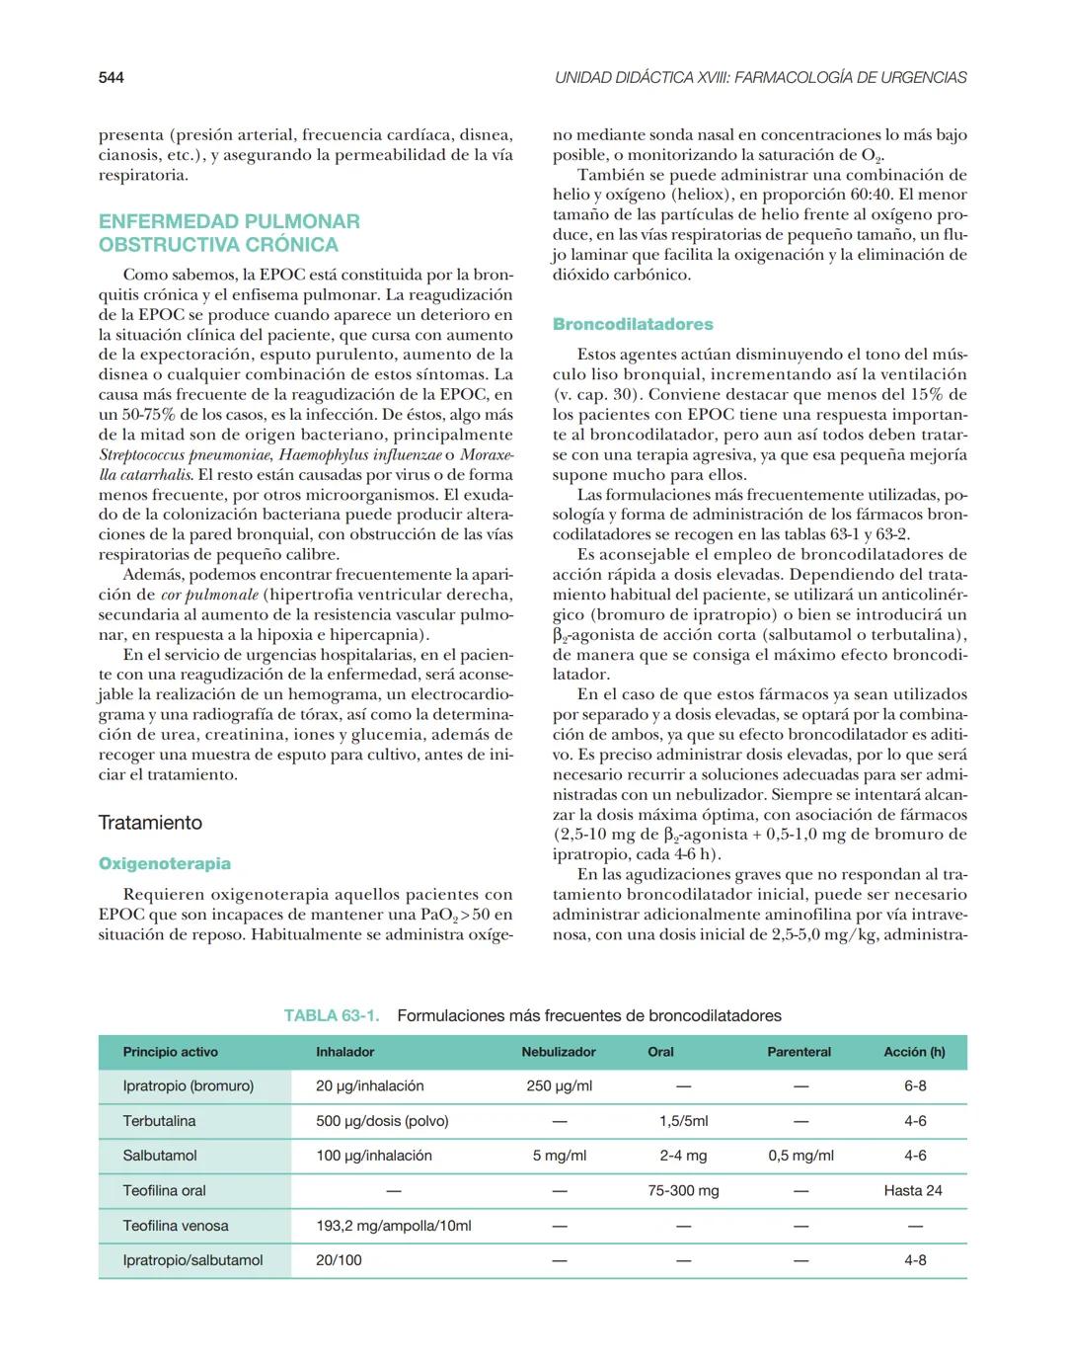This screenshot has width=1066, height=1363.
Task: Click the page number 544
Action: pos(111,77)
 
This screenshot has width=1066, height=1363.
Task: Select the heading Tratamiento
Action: pos(150,823)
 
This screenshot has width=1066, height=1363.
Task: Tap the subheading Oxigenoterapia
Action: pos(165,863)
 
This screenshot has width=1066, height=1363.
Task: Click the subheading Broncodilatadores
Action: pos(633,324)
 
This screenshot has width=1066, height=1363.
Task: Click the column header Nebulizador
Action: pos(559,1052)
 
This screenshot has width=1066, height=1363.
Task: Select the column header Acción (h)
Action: pos(914,1052)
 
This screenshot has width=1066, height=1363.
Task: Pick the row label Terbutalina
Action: pos(159,1121)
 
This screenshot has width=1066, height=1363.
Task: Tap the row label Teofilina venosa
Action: pos(176,1226)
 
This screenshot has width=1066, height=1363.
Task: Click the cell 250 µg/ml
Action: pos(560,1085)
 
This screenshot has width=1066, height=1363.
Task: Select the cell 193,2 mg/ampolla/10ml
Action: pos(394,1226)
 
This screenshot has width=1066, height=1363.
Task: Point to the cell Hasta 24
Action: pos(913,1190)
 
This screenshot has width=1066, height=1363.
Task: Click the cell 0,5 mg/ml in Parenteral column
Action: pos(800,1156)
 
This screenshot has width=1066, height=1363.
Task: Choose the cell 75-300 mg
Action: pos(683,1190)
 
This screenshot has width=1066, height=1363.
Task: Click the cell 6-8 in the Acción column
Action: pos(915,1085)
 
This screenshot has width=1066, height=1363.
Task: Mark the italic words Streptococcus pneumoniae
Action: pos(186,454)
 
